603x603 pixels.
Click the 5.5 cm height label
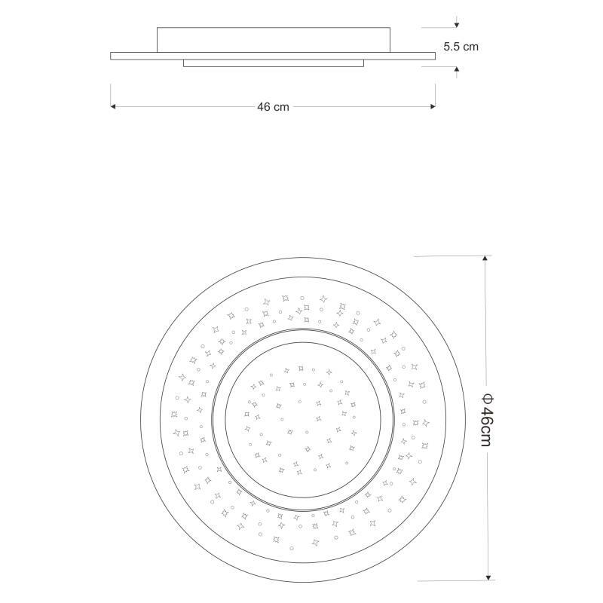point(461,47)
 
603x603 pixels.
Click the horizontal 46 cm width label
point(273,107)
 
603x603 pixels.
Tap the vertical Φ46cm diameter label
point(486,420)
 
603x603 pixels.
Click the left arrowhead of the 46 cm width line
point(113,106)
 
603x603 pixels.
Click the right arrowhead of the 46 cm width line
point(433,106)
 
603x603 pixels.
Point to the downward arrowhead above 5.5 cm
point(457,25)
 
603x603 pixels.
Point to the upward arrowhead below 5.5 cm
point(457,69)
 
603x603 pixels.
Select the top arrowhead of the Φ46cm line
point(485,259)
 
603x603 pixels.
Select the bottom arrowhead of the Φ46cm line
point(488,577)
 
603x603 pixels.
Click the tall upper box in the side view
point(274,40)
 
